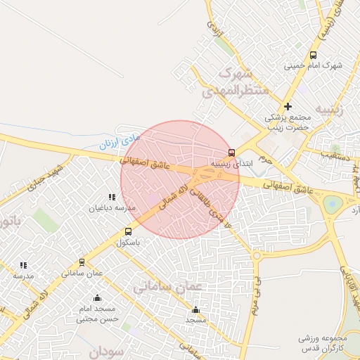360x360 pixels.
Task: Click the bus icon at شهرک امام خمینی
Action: [x=313, y=55]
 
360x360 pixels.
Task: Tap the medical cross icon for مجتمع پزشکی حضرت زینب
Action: [x=288, y=105]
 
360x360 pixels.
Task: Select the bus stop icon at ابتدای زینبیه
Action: [x=232, y=153]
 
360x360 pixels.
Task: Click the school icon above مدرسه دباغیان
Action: [x=111, y=198]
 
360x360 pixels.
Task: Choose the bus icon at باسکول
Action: [x=128, y=231]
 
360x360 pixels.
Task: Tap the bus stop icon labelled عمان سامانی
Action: [x=82, y=262]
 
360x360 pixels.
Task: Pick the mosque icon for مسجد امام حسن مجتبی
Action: [x=97, y=297]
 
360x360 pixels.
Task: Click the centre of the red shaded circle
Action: [x=180, y=179]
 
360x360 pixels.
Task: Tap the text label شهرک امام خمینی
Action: [x=313, y=66]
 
